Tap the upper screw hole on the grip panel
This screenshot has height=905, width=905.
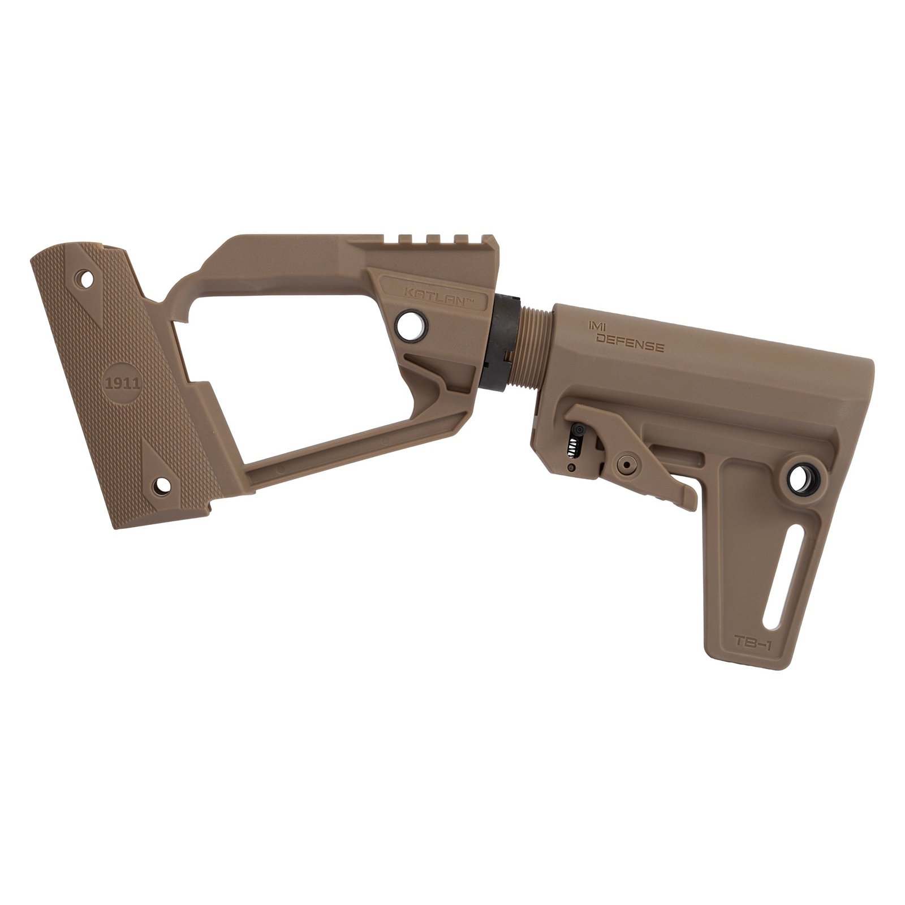(87, 279)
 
